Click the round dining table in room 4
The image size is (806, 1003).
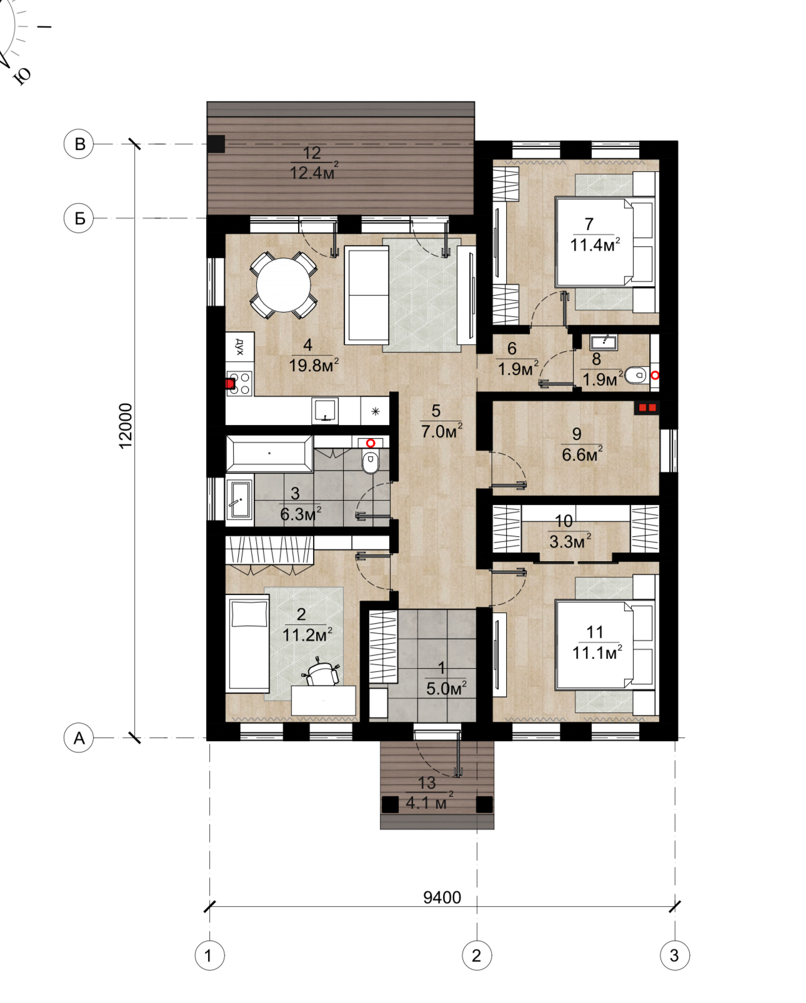pyautogui.click(x=284, y=285)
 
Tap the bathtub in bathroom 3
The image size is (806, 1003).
pyautogui.click(x=269, y=453)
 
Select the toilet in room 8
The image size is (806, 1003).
pyautogui.click(x=636, y=375)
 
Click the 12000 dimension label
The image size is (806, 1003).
pyautogui.click(x=126, y=426)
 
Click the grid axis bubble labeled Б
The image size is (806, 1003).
pyautogui.click(x=79, y=218)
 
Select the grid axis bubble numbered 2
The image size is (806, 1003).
pyautogui.click(x=477, y=955)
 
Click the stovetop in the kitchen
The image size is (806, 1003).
pyautogui.click(x=240, y=383)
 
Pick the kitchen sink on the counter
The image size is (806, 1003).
pyautogui.click(x=325, y=411)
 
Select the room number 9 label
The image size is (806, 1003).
pyautogui.click(x=577, y=434)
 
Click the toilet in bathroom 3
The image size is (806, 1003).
pyautogui.click(x=371, y=462)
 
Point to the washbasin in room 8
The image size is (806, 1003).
pyautogui.click(x=604, y=342)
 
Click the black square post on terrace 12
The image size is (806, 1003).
pyautogui.click(x=216, y=144)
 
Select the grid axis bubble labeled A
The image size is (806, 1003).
pyautogui.click(x=79, y=737)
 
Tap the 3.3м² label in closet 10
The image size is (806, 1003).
pyautogui.click(x=570, y=542)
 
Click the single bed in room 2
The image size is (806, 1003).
pyautogui.click(x=247, y=642)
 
